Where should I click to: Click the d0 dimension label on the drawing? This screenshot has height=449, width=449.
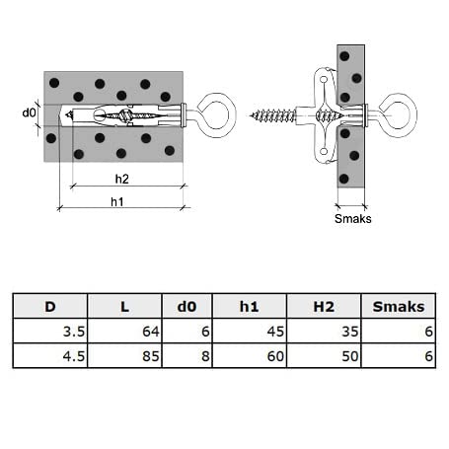point(29,112)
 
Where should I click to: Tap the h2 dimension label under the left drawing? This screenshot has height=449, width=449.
point(121,179)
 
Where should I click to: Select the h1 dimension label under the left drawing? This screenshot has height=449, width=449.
point(117,201)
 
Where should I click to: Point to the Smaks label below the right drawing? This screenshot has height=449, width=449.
point(353,219)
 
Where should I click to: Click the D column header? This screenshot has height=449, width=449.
point(50,307)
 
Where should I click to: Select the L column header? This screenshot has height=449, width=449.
point(124,307)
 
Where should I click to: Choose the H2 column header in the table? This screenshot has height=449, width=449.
point(324,307)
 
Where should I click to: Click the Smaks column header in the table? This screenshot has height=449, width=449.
point(399,307)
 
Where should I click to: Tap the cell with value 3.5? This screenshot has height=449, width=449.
point(50,332)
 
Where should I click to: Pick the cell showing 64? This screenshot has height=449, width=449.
point(124,332)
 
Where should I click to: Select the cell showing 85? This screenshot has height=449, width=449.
point(124,356)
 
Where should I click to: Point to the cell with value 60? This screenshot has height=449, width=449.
point(250,356)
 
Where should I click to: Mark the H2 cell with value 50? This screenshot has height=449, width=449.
point(324,356)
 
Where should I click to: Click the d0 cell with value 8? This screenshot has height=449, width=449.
point(187,356)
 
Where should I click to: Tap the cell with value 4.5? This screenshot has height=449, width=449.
point(50,356)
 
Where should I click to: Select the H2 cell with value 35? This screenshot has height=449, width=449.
point(324,332)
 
